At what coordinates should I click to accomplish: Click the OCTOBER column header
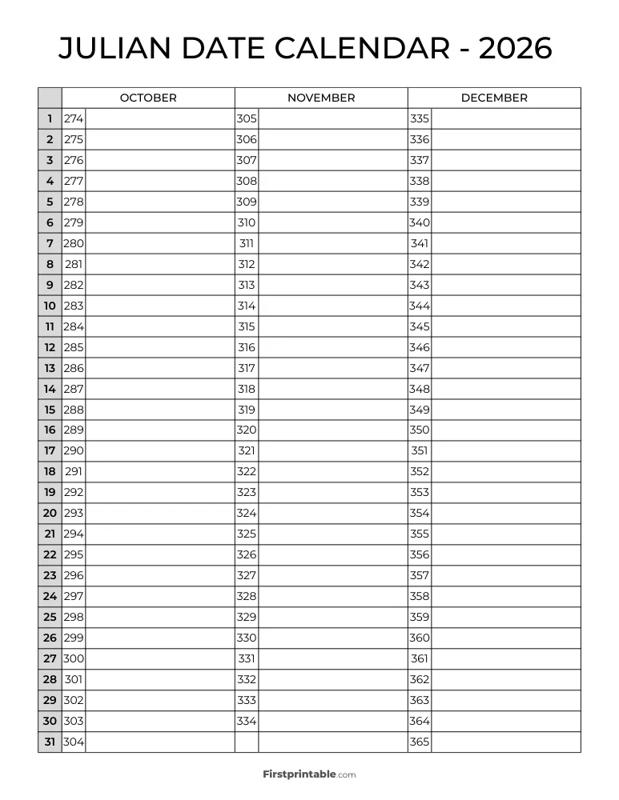click(148, 98)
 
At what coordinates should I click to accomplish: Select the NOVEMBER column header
click(321, 98)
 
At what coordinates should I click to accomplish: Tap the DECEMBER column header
click(494, 98)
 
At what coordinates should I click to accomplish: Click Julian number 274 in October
click(74, 118)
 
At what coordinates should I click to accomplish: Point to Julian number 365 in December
click(420, 742)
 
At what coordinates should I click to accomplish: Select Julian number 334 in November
click(247, 721)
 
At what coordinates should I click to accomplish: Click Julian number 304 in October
click(74, 742)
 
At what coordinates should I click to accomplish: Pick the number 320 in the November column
click(247, 430)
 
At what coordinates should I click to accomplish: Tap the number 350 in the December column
click(420, 430)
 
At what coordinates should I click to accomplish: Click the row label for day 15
click(50, 409)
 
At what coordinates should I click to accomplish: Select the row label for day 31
click(50, 742)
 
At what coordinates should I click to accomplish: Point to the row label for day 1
click(50, 118)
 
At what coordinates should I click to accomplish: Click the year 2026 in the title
click(515, 49)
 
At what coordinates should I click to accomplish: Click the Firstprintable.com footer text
click(309, 774)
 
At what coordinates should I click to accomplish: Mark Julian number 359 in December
click(420, 617)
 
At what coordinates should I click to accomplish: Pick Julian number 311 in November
click(247, 243)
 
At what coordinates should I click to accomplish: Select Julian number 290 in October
click(74, 450)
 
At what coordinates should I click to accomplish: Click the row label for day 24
click(50, 596)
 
